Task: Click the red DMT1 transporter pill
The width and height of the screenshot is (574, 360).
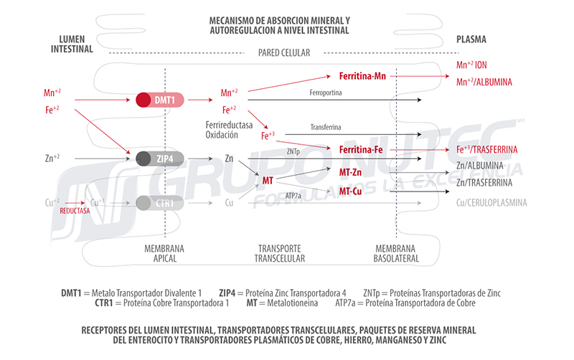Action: (159, 100)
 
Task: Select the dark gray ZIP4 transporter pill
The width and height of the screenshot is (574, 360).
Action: (159, 158)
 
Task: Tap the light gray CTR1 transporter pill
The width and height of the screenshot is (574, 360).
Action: (159, 203)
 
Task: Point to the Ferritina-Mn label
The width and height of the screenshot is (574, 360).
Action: (362, 76)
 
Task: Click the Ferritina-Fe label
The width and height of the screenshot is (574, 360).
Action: (361, 150)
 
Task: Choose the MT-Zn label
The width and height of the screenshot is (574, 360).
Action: (350, 172)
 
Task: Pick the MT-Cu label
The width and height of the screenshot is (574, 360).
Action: (350, 191)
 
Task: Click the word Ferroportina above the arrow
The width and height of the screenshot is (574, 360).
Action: (326, 93)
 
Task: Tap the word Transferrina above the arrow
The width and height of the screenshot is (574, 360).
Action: (326, 128)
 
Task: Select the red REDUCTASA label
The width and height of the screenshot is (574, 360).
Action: (75, 211)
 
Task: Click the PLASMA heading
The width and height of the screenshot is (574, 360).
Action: (471, 39)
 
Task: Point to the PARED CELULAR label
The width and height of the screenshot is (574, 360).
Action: (284, 53)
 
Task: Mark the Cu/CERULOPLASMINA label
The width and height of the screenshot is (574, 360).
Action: (491, 203)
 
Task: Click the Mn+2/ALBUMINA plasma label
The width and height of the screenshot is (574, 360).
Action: (484, 82)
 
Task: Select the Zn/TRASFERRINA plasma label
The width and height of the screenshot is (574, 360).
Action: (484, 183)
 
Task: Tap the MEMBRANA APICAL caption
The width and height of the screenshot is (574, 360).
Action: (164, 254)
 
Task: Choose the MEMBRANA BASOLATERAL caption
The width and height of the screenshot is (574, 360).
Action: (396, 254)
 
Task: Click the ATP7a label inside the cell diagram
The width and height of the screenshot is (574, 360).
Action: (293, 196)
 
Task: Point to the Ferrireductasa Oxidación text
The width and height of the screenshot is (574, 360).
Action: (229, 130)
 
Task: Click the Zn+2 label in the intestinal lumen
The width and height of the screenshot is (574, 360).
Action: (52, 158)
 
